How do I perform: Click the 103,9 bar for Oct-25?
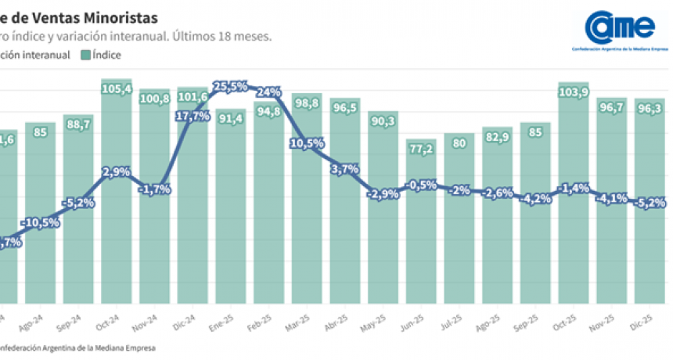pos(575,196)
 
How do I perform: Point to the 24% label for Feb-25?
pos(268,92)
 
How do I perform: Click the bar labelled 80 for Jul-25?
pos(461,219)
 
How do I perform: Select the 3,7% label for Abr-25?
pos(346,169)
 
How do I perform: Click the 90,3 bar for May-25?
pos(384,211)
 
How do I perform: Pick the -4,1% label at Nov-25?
pos(612,198)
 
